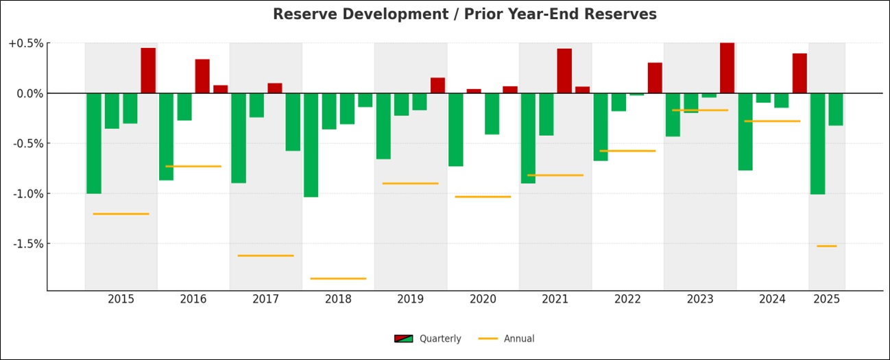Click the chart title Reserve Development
click(464, 14)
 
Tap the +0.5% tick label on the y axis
click(26, 43)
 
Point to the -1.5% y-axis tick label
click(27, 243)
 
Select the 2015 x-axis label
click(121, 299)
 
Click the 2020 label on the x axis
click(483, 299)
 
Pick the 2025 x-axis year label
click(826, 299)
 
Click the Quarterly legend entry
click(428, 339)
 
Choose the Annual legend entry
click(507, 339)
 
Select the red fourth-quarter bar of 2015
click(148, 70)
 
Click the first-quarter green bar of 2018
click(311, 145)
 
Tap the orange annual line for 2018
click(338, 278)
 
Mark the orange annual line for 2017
click(265, 256)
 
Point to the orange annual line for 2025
click(826, 245)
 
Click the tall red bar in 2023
click(727, 68)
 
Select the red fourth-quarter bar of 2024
click(799, 73)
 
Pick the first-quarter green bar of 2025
click(817, 143)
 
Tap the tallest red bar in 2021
click(564, 71)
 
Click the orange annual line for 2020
click(483, 197)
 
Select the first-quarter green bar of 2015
click(94, 143)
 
